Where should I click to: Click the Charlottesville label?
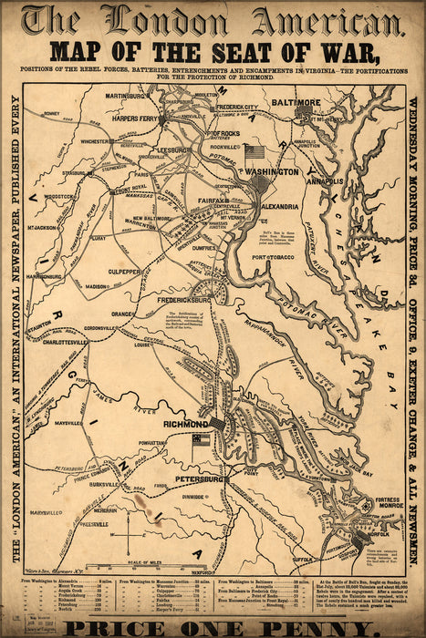[85, 344]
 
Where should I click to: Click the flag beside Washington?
[254, 152]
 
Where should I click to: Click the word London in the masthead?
[171, 19]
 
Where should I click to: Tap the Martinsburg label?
[126, 95]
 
